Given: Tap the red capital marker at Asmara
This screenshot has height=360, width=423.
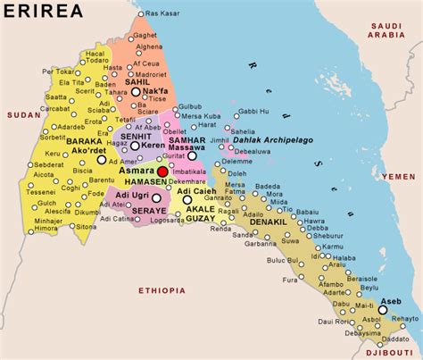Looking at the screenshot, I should pyautogui.click(x=162, y=171).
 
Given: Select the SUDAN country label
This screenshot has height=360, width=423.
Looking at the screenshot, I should pyautogui.click(x=18, y=115).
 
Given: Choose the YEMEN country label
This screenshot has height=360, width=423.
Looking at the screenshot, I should pyautogui.click(x=398, y=177).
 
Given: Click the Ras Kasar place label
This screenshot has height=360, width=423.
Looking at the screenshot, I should pyautogui.click(x=164, y=14).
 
